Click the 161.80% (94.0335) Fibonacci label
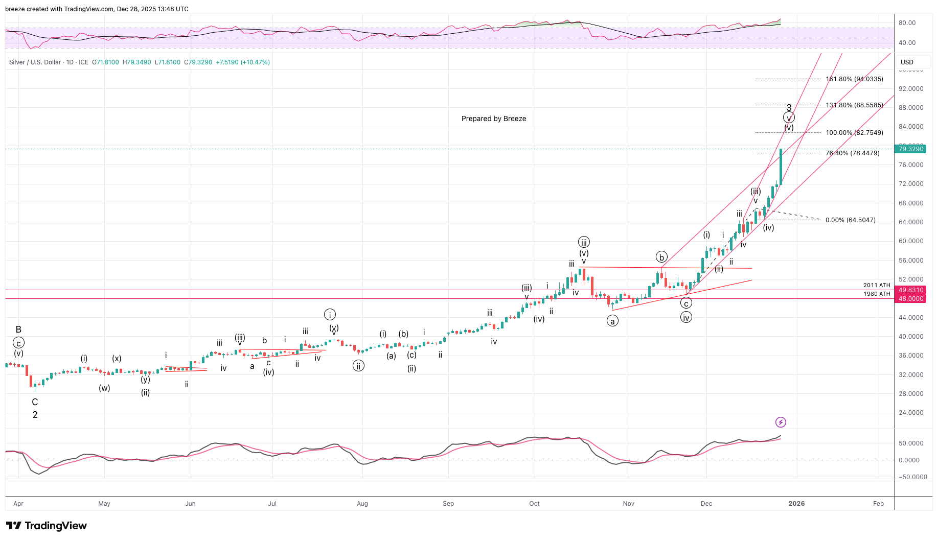(854, 79)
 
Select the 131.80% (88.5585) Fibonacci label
(854, 105)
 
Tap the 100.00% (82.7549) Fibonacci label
(854, 133)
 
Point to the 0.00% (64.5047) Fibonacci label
(850, 220)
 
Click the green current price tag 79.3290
(911, 149)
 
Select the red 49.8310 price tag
(911, 290)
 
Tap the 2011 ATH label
(877, 285)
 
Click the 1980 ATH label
(877, 294)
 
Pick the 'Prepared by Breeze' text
(493, 119)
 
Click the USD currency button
(907, 62)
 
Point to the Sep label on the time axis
(448, 504)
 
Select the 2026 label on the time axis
(796, 504)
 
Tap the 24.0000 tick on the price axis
(911, 413)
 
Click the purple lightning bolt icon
(781, 422)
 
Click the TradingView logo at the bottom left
(47, 526)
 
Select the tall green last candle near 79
(781, 167)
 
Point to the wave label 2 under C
(35, 415)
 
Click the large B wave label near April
(18, 330)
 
